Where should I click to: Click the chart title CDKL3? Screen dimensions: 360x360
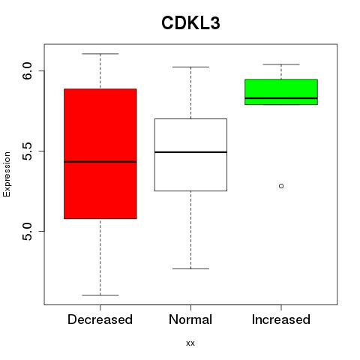tap(190, 23)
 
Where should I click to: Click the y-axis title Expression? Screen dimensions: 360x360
tap(7, 174)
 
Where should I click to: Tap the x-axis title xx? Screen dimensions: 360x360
tap(190, 343)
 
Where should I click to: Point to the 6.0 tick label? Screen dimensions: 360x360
tap(27, 71)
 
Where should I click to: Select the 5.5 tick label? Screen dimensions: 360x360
tap(27, 151)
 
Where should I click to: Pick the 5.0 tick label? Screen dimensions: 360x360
tap(27, 232)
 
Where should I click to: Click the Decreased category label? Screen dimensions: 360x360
tap(100, 319)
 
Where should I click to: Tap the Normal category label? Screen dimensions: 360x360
tap(190, 319)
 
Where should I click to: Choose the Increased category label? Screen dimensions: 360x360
tap(281, 319)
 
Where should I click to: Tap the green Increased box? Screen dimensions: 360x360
tap(281, 88)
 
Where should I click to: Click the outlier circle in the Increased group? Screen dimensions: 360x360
tap(281, 186)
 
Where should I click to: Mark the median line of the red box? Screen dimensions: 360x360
tap(100, 162)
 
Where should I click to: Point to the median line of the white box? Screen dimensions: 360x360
tap(190, 152)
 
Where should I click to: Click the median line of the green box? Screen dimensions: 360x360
tap(281, 98)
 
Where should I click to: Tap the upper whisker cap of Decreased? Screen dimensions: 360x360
tap(100, 54)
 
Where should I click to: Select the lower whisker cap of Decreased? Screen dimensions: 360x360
tap(100, 295)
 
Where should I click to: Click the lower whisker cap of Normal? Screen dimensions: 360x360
tap(190, 268)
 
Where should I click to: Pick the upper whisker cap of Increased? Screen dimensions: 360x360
tap(281, 64)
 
